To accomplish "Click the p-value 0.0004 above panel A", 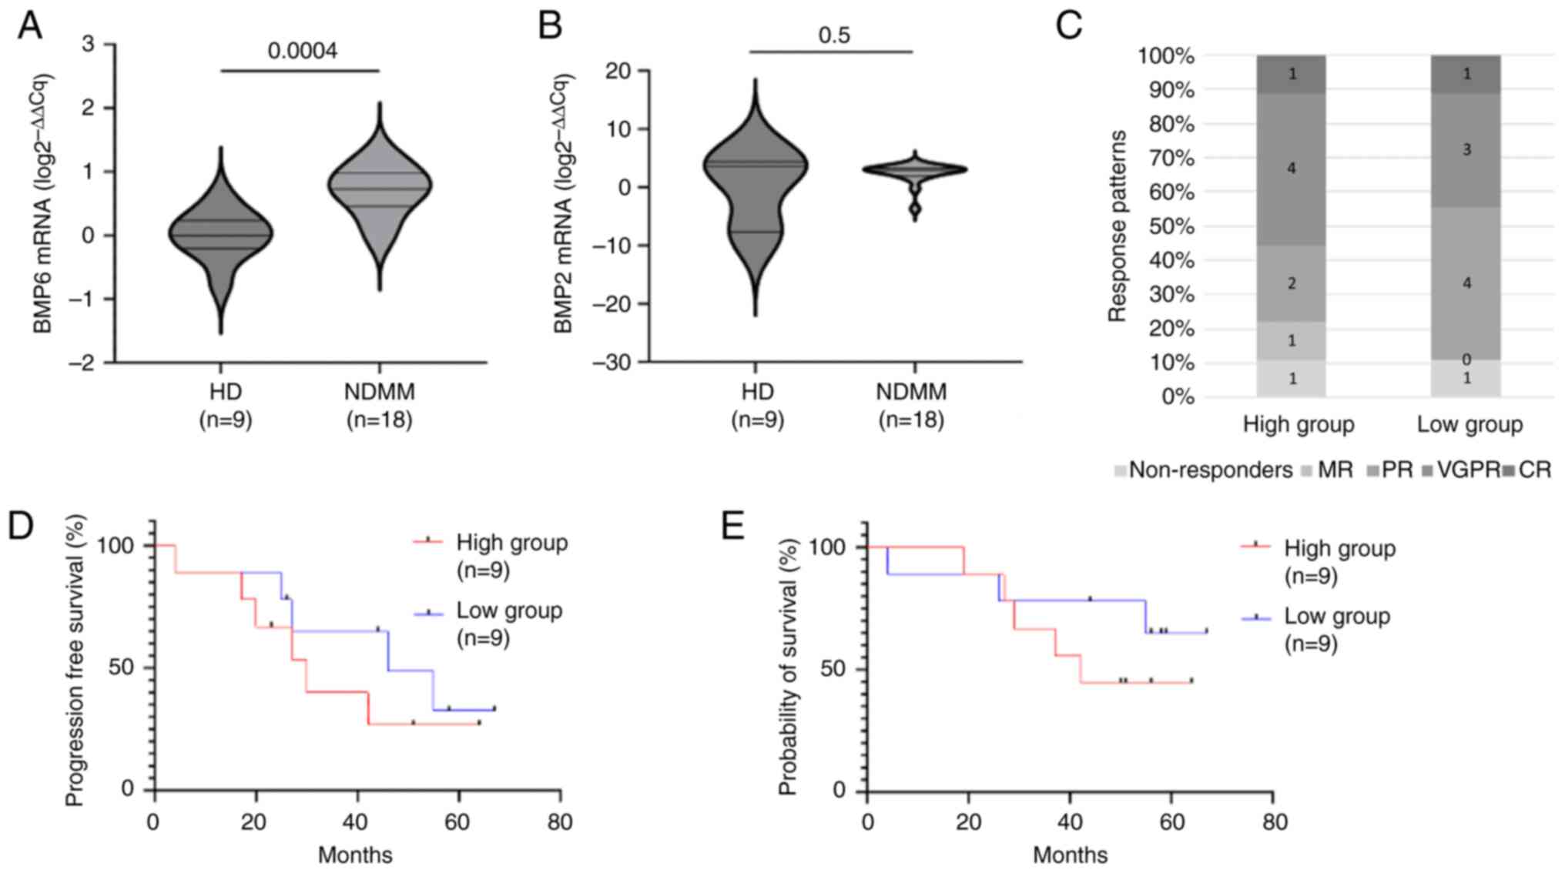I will [x=302, y=51].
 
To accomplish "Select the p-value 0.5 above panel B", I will [x=834, y=35].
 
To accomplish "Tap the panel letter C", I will [x=1069, y=25].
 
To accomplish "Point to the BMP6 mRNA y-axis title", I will [x=43, y=204].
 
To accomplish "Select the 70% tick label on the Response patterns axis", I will [x=1171, y=159].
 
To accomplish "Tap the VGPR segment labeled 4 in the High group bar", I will [x=1292, y=168].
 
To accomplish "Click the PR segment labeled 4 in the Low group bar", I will [x=1466, y=283].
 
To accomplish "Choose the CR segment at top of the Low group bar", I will [x=1466, y=74].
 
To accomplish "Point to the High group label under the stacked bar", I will [x=1299, y=425].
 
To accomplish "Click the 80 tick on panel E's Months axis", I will [x=1275, y=822].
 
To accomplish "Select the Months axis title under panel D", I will [x=355, y=855].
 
